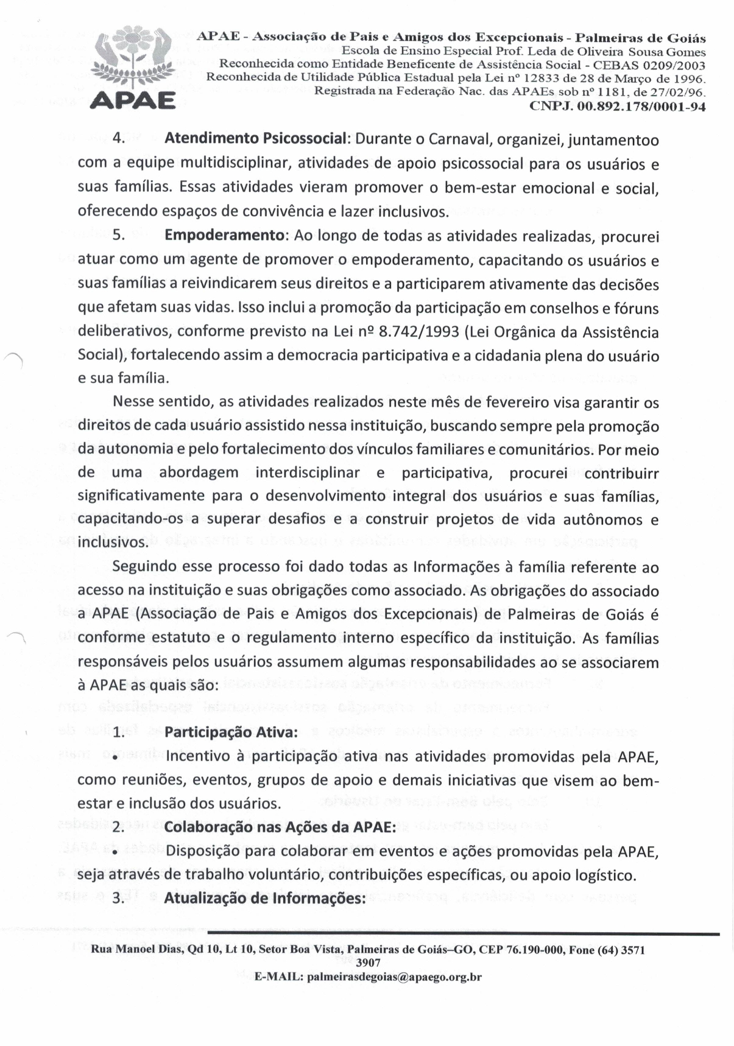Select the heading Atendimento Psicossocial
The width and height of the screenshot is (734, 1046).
tap(256, 139)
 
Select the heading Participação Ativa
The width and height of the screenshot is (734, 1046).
tap(231, 732)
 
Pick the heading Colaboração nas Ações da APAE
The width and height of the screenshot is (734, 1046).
tap(280, 827)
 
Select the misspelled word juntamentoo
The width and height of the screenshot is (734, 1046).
tap(614, 140)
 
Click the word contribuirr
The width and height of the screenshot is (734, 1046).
tap(621, 473)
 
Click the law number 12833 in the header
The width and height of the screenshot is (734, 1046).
tap(559, 79)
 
